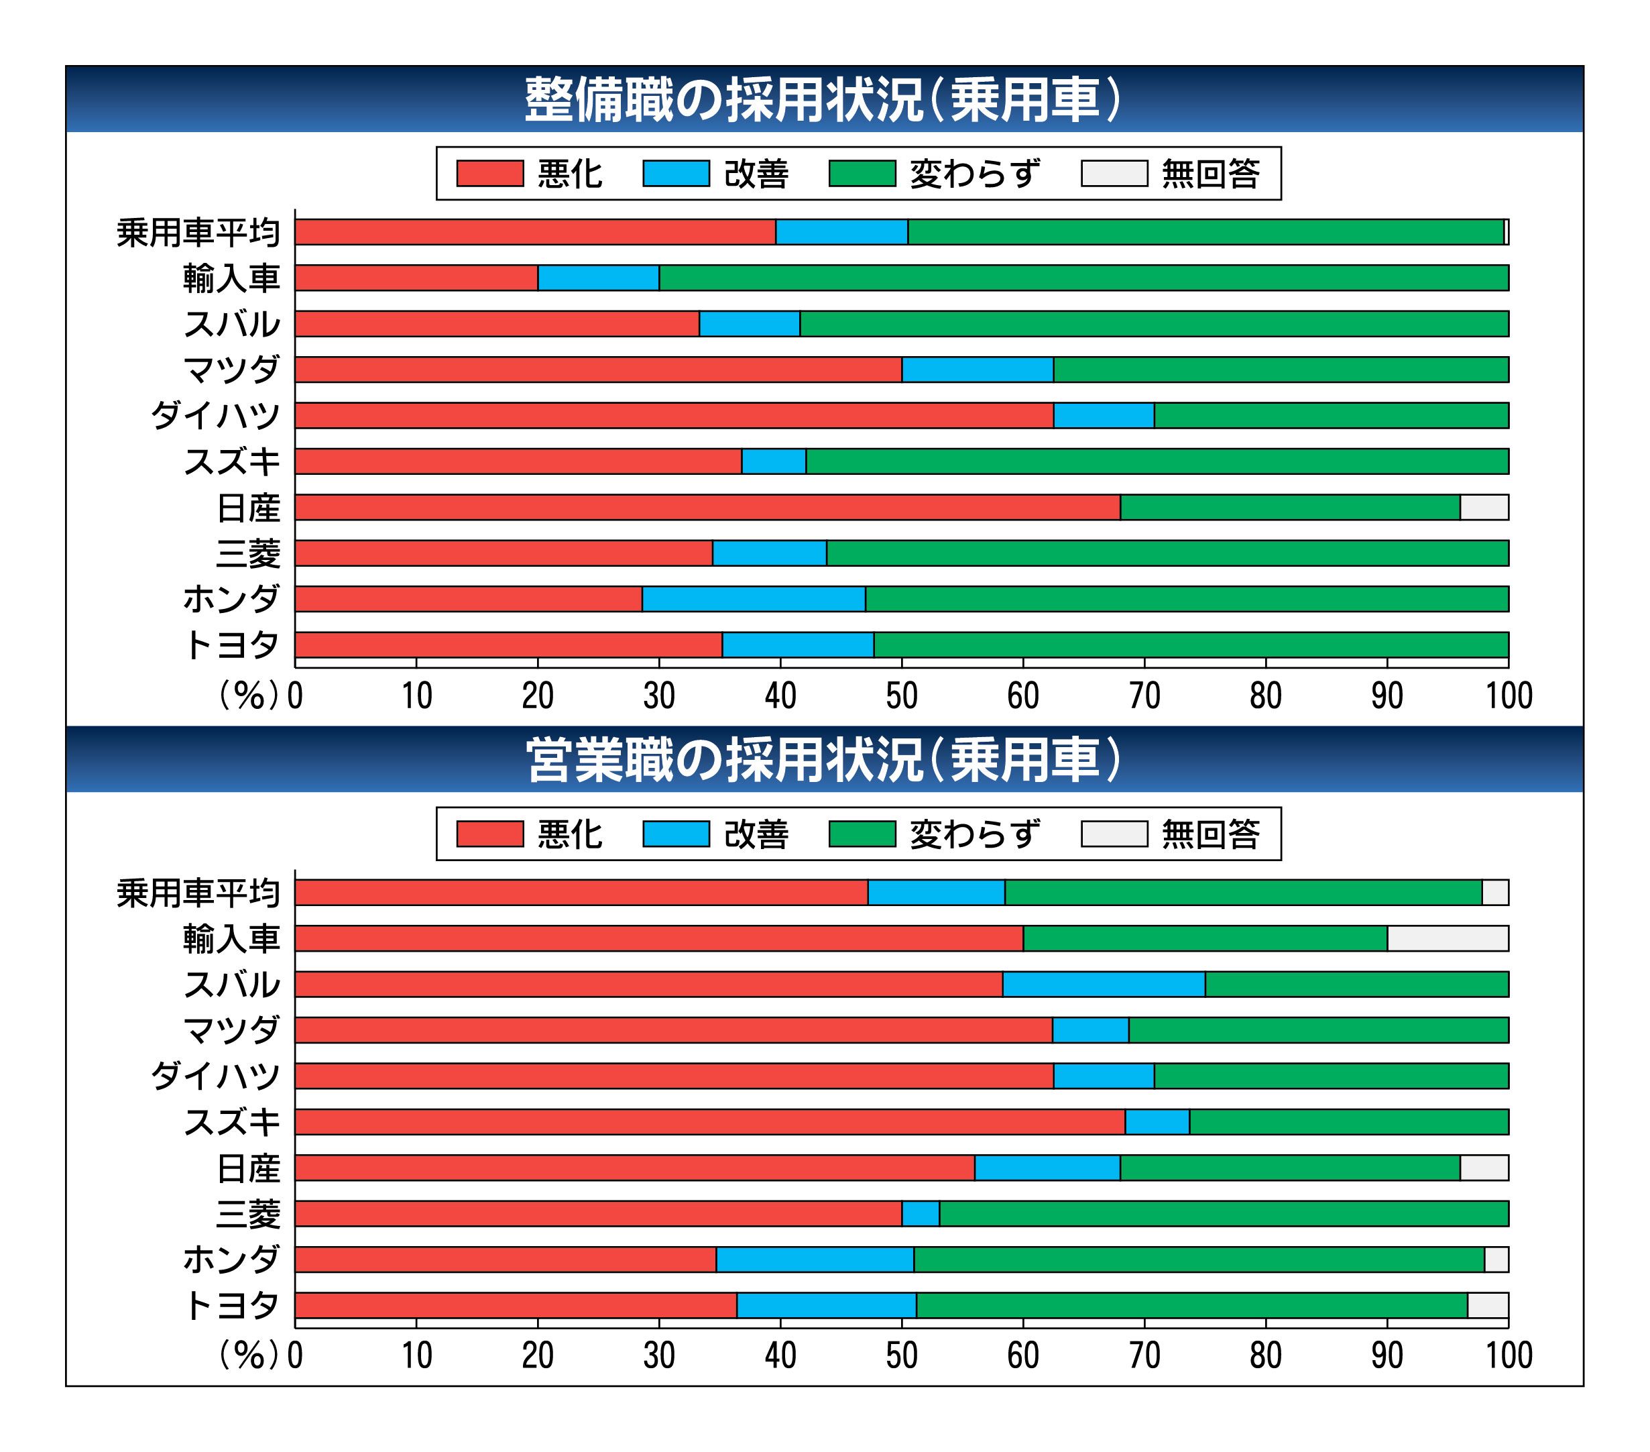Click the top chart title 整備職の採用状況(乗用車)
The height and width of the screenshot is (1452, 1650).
coord(823,100)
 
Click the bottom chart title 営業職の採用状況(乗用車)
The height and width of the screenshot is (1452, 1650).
coord(823,761)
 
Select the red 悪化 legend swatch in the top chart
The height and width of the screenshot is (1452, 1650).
coord(489,174)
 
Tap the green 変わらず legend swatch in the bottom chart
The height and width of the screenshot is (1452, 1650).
coord(862,834)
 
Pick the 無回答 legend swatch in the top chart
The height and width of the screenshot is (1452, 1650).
coord(1114,174)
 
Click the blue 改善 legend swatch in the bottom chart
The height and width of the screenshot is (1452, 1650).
coord(676,834)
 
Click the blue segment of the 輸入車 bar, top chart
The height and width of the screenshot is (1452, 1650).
coord(598,278)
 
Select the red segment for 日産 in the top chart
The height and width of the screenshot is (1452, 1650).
coord(707,508)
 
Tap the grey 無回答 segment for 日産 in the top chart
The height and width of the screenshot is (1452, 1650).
coord(1484,508)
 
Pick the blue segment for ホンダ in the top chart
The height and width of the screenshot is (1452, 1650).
coord(753,599)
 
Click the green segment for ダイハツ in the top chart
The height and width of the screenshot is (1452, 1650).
coord(1331,416)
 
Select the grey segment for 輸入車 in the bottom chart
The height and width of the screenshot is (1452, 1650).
coord(1448,938)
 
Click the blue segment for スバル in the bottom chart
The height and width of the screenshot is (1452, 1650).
coord(1104,985)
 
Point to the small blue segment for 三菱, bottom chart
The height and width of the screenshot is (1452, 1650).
coord(921,1214)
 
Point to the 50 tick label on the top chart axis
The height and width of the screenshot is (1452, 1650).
coord(902,696)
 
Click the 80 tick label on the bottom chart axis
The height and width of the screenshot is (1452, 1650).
coord(1266,1357)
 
